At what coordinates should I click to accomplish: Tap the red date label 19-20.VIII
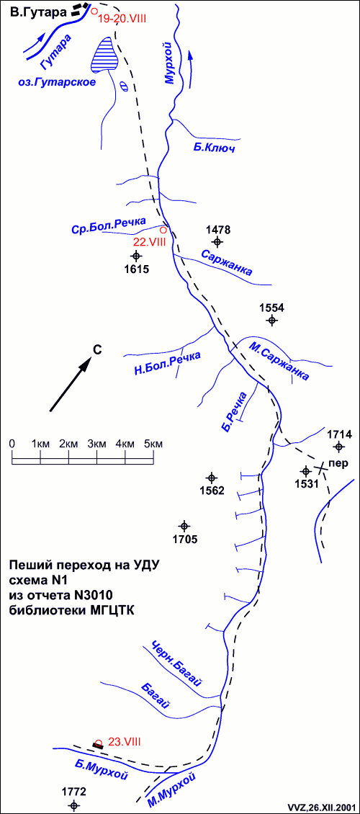[x=123, y=18]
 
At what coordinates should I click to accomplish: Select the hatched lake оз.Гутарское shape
[x=105, y=55]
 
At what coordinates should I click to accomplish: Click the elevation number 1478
[x=218, y=230]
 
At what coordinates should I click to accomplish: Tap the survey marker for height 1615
[x=136, y=256]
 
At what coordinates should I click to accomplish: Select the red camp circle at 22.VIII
[x=163, y=230]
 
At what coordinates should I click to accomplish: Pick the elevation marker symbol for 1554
[x=272, y=321]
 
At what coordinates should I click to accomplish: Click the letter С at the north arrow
[x=96, y=350]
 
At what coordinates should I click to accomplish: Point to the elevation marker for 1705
[x=184, y=525]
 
